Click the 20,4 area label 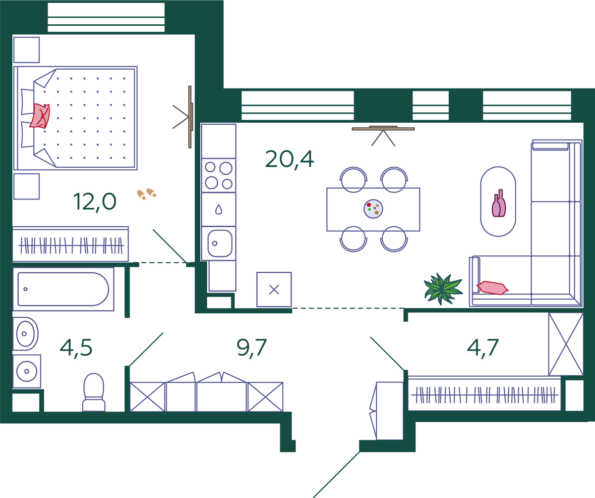[289, 159]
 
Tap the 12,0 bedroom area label [95, 202]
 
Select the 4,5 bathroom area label [76, 348]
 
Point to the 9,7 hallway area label [251, 348]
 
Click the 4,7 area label [483, 348]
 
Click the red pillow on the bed [40, 116]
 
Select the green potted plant [443, 289]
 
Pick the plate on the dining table [373, 209]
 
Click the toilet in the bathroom [94, 393]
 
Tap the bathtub [63, 289]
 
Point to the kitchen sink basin [220, 244]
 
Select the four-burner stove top [219, 176]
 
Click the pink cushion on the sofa [493, 288]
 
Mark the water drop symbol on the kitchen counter [219, 209]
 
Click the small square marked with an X [274, 290]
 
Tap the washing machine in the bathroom [27, 371]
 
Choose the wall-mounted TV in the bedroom [190, 117]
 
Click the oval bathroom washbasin [25, 334]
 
